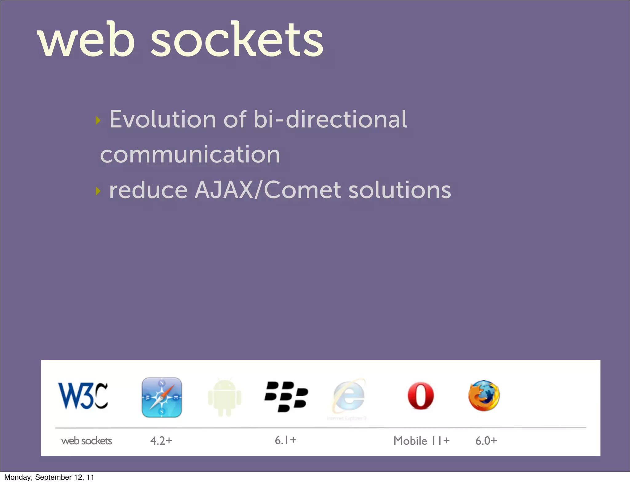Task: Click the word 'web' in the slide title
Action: click(86, 40)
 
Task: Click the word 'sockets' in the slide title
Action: click(237, 40)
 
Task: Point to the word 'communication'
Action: click(190, 154)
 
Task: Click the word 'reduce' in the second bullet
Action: click(148, 190)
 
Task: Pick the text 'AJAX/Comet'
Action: click(268, 190)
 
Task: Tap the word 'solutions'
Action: click(400, 190)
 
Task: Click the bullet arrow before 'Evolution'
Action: click(98, 120)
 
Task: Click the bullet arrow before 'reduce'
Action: click(98, 191)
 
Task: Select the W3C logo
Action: click(83, 396)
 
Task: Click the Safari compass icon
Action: click(162, 397)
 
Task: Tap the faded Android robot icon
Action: click(225, 397)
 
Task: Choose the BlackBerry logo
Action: click(286, 396)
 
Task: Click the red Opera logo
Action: click(421, 396)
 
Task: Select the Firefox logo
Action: click(484, 396)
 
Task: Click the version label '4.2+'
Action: click(161, 441)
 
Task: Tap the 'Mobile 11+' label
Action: click(421, 441)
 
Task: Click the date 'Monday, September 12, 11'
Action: click(49, 477)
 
